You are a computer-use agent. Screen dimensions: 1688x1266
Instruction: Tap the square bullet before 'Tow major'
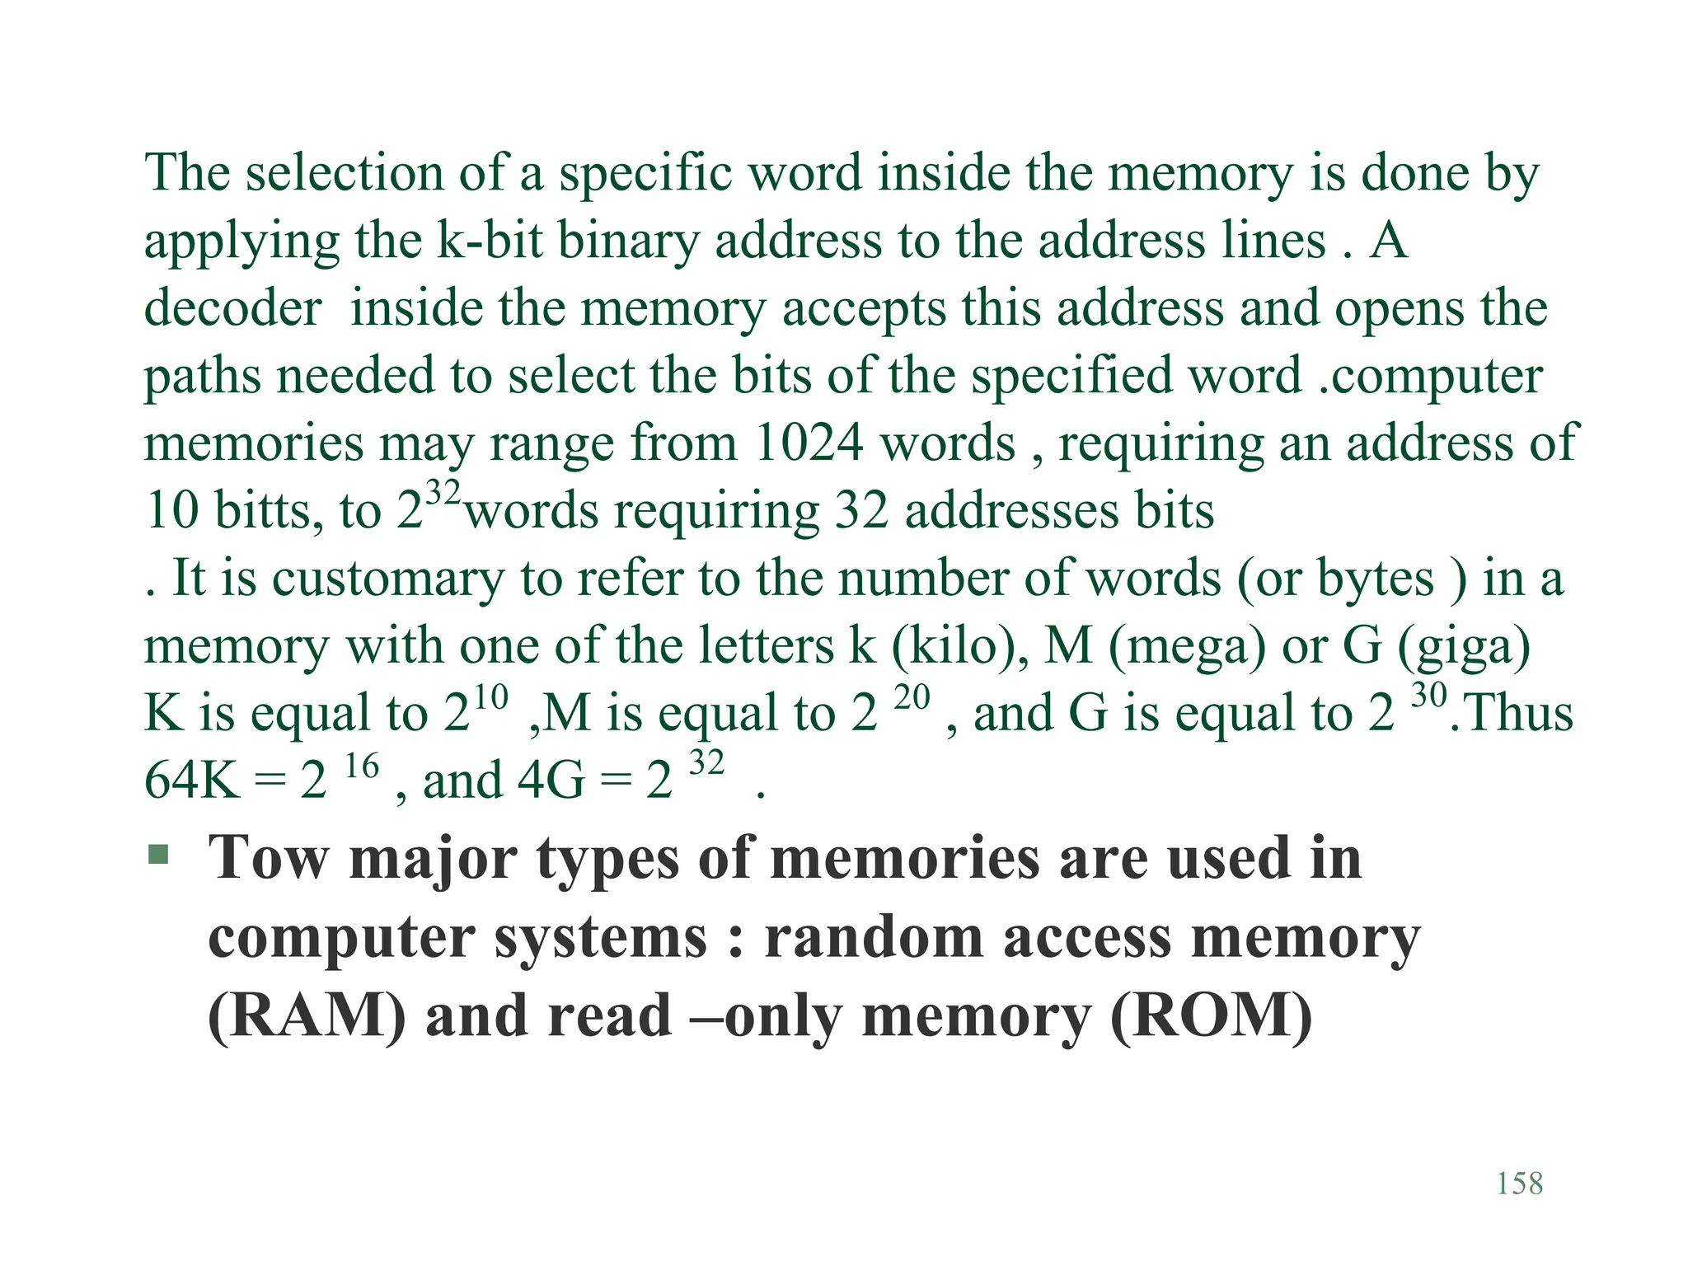click(158, 854)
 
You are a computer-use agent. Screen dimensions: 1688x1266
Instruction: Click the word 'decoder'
click(232, 308)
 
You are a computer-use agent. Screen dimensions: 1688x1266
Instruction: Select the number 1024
click(809, 443)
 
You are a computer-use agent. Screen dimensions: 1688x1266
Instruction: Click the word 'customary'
click(387, 579)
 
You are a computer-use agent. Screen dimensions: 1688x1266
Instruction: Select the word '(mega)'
click(1187, 646)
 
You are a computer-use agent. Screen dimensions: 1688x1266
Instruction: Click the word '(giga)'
click(1464, 646)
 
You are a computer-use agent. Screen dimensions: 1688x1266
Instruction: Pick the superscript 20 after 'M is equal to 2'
click(912, 698)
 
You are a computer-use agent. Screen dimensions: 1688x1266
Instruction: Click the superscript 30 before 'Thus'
click(1429, 696)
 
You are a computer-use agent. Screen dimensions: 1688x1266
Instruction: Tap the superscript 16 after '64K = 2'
click(361, 767)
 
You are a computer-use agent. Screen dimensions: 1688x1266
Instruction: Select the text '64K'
click(192, 781)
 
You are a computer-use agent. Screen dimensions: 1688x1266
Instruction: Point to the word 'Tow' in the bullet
click(269, 859)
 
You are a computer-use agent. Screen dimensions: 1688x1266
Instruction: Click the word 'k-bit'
click(490, 241)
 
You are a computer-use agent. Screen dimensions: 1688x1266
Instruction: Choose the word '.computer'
click(1430, 376)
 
